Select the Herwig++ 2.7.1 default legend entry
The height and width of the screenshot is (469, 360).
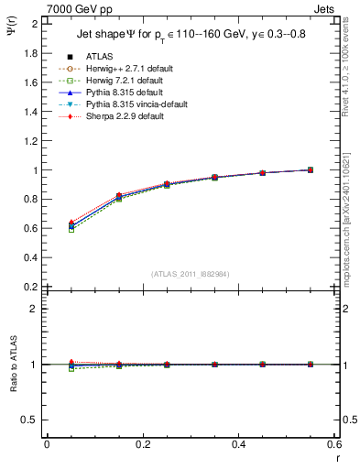tap(124, 70)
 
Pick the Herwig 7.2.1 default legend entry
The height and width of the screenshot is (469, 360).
tap(122, 82)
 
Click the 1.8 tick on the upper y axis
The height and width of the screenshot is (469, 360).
tap(32, 53)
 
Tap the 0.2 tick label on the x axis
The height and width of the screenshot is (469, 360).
tap(143, 444)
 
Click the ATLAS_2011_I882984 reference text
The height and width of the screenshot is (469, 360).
tap(191, 273)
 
